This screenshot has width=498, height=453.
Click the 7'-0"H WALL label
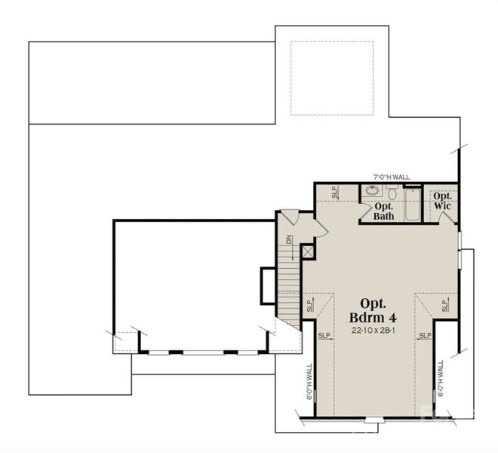(392, 177)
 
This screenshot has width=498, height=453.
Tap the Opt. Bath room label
(384, 211)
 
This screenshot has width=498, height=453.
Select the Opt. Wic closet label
(442, 200)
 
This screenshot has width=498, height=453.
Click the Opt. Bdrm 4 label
(368, 310)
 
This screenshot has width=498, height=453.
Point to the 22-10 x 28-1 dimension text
(368, 331)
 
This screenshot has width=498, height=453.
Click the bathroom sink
(373, 191)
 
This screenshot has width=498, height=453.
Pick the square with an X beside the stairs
(308, 251)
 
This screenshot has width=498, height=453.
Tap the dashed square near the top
(332, 78)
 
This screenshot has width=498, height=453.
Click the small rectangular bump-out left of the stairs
(268, 285)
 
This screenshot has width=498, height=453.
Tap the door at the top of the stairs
(291, 217)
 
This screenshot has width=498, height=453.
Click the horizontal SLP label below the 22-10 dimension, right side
(425, 335)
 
